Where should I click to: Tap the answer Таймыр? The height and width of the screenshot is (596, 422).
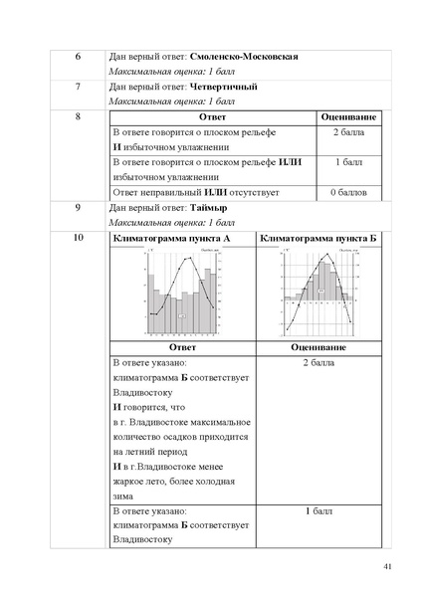(206, 208)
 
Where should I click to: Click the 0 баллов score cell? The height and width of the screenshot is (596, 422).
(347, 191)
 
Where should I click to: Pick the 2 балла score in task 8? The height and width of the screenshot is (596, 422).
(347, 132)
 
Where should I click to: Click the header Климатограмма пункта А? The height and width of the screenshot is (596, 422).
(181, 240)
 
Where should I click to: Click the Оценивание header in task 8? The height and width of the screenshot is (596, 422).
(347, 117)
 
